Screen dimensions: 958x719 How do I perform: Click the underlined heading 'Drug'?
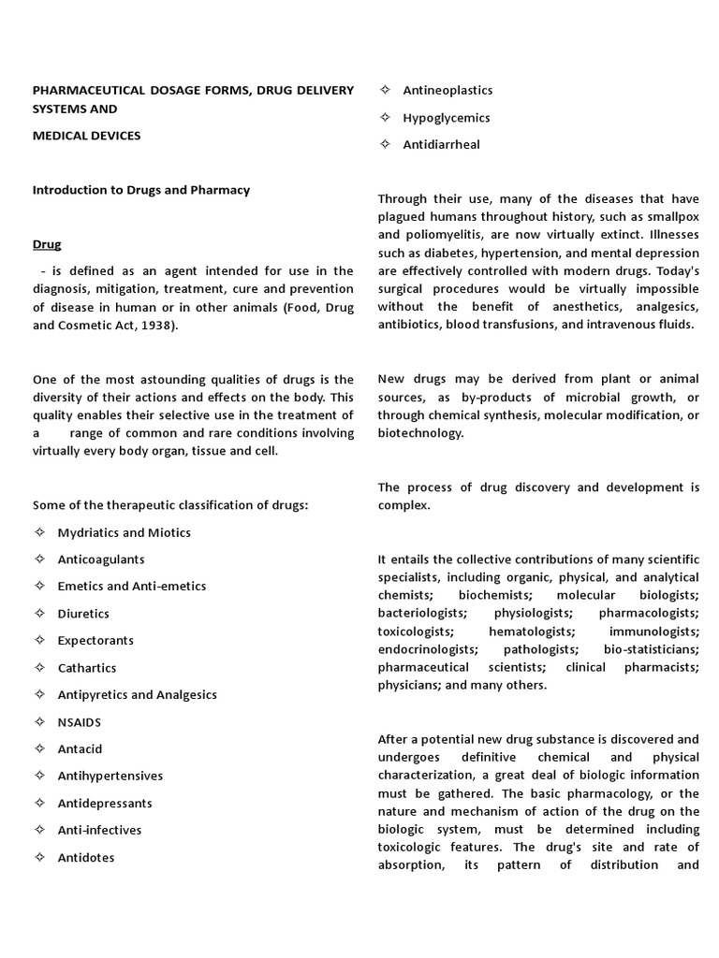click(47, 244)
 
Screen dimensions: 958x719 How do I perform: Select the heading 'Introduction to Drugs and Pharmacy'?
click(141, 190)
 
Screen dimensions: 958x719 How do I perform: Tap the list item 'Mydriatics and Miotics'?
click(124, 532)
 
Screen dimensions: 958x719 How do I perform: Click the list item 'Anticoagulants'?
click(101, 559)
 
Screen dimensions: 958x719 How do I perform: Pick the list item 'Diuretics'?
click(83, 614)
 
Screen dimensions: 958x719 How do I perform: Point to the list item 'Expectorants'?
click(95, 641)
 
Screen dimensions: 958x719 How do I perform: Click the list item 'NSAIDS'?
click(80, 722)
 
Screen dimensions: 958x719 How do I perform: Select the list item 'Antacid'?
click(80, 749)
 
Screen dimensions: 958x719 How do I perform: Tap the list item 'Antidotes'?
click(86, 857)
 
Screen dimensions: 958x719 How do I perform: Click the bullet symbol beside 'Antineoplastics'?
click(385, 90)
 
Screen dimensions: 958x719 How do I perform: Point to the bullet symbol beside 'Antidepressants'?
click(39, 803)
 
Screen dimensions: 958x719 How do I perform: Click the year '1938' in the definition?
click(183, 325)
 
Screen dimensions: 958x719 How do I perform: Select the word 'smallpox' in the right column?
click(672, 217)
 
